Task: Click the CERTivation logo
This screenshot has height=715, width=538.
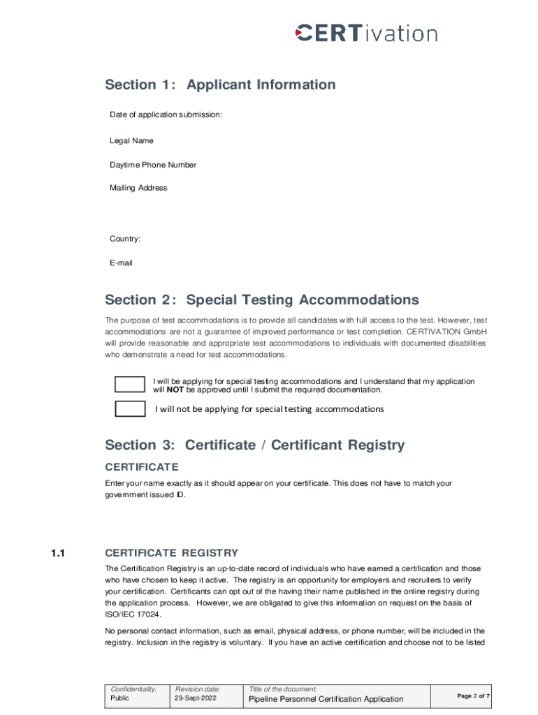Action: click(x=367, y=33)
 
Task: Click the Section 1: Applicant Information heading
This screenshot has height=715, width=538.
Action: click(x=220, y=85)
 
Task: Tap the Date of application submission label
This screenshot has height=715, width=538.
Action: click(x=166, y=115)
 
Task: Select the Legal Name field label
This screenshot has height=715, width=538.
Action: click(x=131, y=141)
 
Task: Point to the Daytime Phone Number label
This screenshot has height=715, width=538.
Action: click(x=153, y=165)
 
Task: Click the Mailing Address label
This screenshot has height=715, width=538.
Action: click(x=138, y=188)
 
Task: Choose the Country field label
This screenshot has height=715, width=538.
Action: click(x=125, y=239)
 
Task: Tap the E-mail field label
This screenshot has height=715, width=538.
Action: click(x=121, y=263)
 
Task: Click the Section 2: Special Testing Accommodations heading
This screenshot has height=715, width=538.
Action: click(x=262, y=300)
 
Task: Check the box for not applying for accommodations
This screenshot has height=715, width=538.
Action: click(x=129, y=409)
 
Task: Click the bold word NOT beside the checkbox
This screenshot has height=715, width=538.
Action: click(x=175, y=390)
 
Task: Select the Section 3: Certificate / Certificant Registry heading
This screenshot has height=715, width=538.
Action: click(x=254, y=445)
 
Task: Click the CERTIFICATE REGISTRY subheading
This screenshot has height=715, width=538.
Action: click(x=171, y=554)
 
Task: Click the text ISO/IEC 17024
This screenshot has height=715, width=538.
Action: click(x=133, y=614)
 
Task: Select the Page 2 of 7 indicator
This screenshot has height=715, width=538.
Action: click(x=474, y=696)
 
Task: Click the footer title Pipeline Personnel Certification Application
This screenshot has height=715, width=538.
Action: click(x=326, y=699)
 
